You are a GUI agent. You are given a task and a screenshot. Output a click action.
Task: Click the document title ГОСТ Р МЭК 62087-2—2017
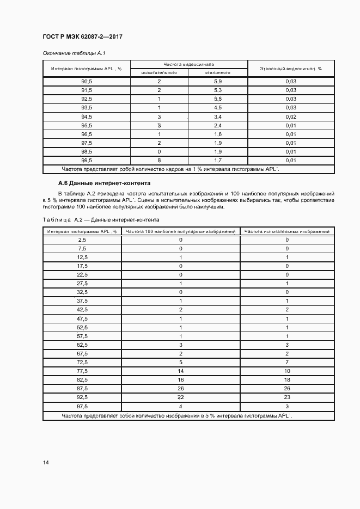82,37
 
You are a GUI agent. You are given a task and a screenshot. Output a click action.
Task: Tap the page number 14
46,463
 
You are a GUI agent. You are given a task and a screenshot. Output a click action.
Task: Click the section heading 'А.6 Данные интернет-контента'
104,183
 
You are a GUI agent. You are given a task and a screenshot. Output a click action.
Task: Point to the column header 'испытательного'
158,72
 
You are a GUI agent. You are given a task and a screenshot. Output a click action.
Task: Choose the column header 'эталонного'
217,72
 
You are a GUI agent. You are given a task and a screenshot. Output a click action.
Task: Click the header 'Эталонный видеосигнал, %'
290,69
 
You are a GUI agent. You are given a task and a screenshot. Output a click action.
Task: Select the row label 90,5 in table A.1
87,81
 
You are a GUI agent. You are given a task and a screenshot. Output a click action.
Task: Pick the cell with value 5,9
217,81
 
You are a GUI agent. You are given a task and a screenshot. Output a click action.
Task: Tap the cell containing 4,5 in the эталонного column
217,108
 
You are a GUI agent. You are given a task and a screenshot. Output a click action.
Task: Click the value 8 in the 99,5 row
158,161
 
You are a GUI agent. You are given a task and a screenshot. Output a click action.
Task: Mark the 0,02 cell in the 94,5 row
290,116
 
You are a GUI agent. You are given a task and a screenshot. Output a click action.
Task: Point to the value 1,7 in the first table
217,161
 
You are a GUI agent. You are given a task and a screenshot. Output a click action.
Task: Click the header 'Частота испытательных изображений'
287,231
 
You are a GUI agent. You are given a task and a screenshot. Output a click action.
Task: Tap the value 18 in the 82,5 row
287,379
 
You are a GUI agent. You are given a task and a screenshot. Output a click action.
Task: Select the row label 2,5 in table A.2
82,240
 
